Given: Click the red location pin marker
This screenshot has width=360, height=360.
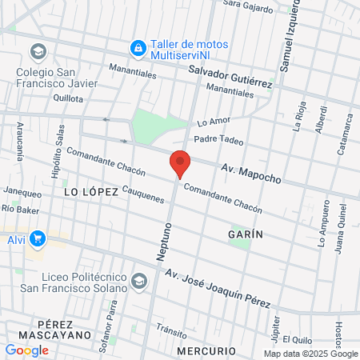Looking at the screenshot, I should [180, 162].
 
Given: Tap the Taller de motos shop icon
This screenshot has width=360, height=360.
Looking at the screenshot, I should [138, 48].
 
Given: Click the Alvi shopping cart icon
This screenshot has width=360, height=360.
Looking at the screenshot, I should [37, 238].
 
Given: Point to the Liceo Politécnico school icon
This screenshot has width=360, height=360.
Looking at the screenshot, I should [139, 281].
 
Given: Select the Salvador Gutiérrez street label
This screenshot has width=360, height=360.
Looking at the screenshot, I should [230, 78].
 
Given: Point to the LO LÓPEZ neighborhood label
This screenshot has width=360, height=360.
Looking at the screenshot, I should [90, 192].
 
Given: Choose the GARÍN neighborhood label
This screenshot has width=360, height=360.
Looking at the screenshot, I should [245, 234].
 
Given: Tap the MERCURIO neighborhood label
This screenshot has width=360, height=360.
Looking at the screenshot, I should [206, 351].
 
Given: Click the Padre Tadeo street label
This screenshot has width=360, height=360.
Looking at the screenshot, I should [218, 138].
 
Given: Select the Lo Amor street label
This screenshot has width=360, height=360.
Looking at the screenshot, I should [213, 122].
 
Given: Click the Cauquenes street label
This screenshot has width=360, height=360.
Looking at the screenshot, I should [149, 194].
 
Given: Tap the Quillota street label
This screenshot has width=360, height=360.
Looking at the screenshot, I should [68, 98].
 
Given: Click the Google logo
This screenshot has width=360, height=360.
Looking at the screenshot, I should [26, 350].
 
